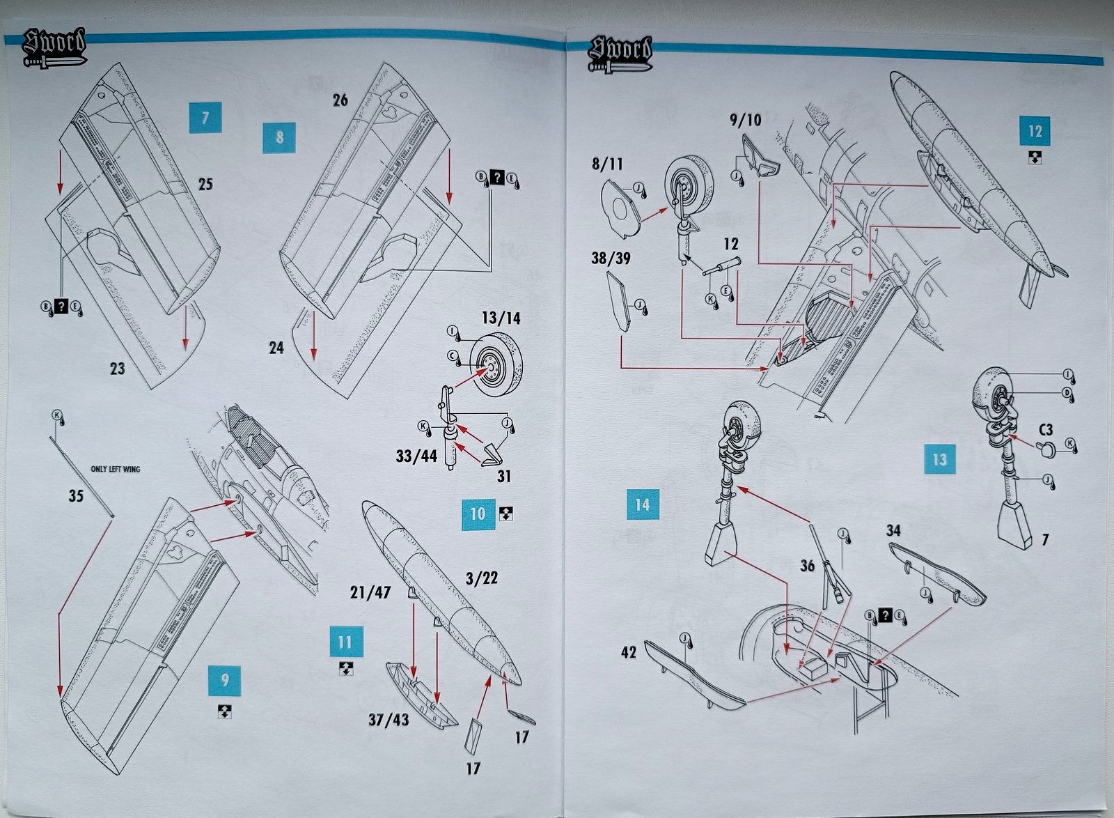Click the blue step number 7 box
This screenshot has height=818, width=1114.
click(205, 117)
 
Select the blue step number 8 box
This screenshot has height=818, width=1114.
click(279, 137)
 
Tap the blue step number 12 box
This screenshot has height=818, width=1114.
click(1035, 131)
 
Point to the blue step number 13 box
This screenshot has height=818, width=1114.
click(939, 458)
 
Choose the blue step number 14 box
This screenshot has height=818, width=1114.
click(642, 504)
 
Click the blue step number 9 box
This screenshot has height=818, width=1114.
click(224, 679)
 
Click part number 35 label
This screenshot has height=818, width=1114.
click(76, 496)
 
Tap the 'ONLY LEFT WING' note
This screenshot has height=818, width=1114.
click(116, 469)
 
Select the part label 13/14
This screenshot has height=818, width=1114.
click(501, 318)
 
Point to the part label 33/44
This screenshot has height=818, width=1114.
click(416, 456)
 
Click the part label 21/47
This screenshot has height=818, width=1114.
click(370, 592)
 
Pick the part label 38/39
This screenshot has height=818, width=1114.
click(611, 258)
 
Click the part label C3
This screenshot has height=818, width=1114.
click(1045, 430)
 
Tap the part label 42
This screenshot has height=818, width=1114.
click(628, 652)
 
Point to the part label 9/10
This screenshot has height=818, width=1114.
click(745, 120)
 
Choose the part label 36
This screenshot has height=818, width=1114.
click(807, 566)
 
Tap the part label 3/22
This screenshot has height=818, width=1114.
click(482, 578)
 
